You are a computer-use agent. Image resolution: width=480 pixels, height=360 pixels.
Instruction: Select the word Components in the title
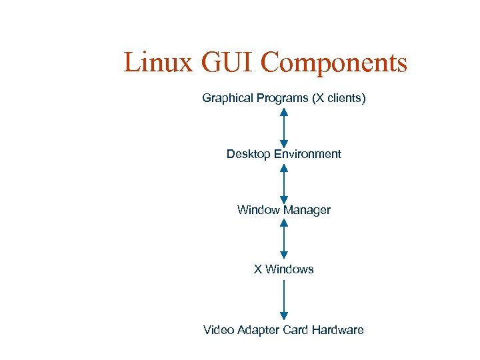point(333,63)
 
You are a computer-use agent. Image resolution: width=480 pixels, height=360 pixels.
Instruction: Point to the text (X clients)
point(339,99)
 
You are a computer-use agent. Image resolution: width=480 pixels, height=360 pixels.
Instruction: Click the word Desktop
point(248,154)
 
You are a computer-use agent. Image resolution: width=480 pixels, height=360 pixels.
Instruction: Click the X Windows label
point(283,269)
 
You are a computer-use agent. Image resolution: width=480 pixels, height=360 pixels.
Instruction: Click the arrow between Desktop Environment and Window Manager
point(284,182)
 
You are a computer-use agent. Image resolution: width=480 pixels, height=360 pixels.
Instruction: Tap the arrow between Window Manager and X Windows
point(284,239)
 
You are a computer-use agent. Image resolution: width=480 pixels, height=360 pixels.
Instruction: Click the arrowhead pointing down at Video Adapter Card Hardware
point(284,316)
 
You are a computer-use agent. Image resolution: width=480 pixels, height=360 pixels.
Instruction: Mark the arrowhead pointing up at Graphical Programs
point(284,112)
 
